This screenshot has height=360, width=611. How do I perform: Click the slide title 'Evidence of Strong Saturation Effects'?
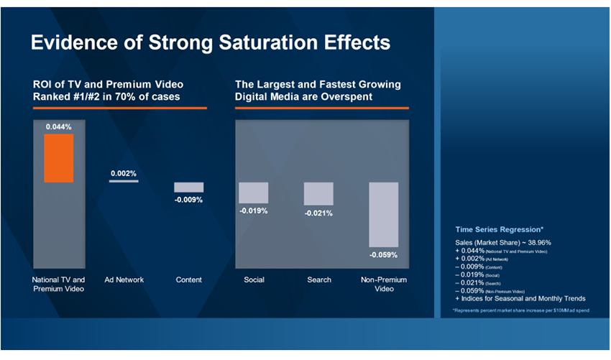point(210,42)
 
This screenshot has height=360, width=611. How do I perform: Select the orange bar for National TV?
point(59,158)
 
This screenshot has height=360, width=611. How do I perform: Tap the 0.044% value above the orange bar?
point(59,126)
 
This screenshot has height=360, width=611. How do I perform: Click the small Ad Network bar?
point(124,181)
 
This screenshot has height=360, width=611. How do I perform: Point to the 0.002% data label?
point(124,173)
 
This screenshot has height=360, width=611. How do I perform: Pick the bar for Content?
point(189,187)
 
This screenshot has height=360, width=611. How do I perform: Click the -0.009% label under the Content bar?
point(189,200)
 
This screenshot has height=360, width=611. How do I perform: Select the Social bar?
point(254,193)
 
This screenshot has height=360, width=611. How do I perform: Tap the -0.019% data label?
point(254,211)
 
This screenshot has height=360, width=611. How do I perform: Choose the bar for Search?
point(318,194)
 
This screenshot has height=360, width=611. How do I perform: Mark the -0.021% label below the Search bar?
point(318,213)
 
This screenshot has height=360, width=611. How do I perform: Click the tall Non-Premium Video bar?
point(383,213)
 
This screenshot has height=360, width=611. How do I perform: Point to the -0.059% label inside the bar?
point(383,254)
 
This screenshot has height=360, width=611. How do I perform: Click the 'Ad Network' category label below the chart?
point(124,280)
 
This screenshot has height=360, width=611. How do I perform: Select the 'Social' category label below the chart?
point(254,280)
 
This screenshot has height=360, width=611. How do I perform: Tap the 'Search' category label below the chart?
point(318,280)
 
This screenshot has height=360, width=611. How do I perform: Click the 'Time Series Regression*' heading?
point(499,229)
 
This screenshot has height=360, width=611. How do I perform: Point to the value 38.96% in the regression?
point(536,242)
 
